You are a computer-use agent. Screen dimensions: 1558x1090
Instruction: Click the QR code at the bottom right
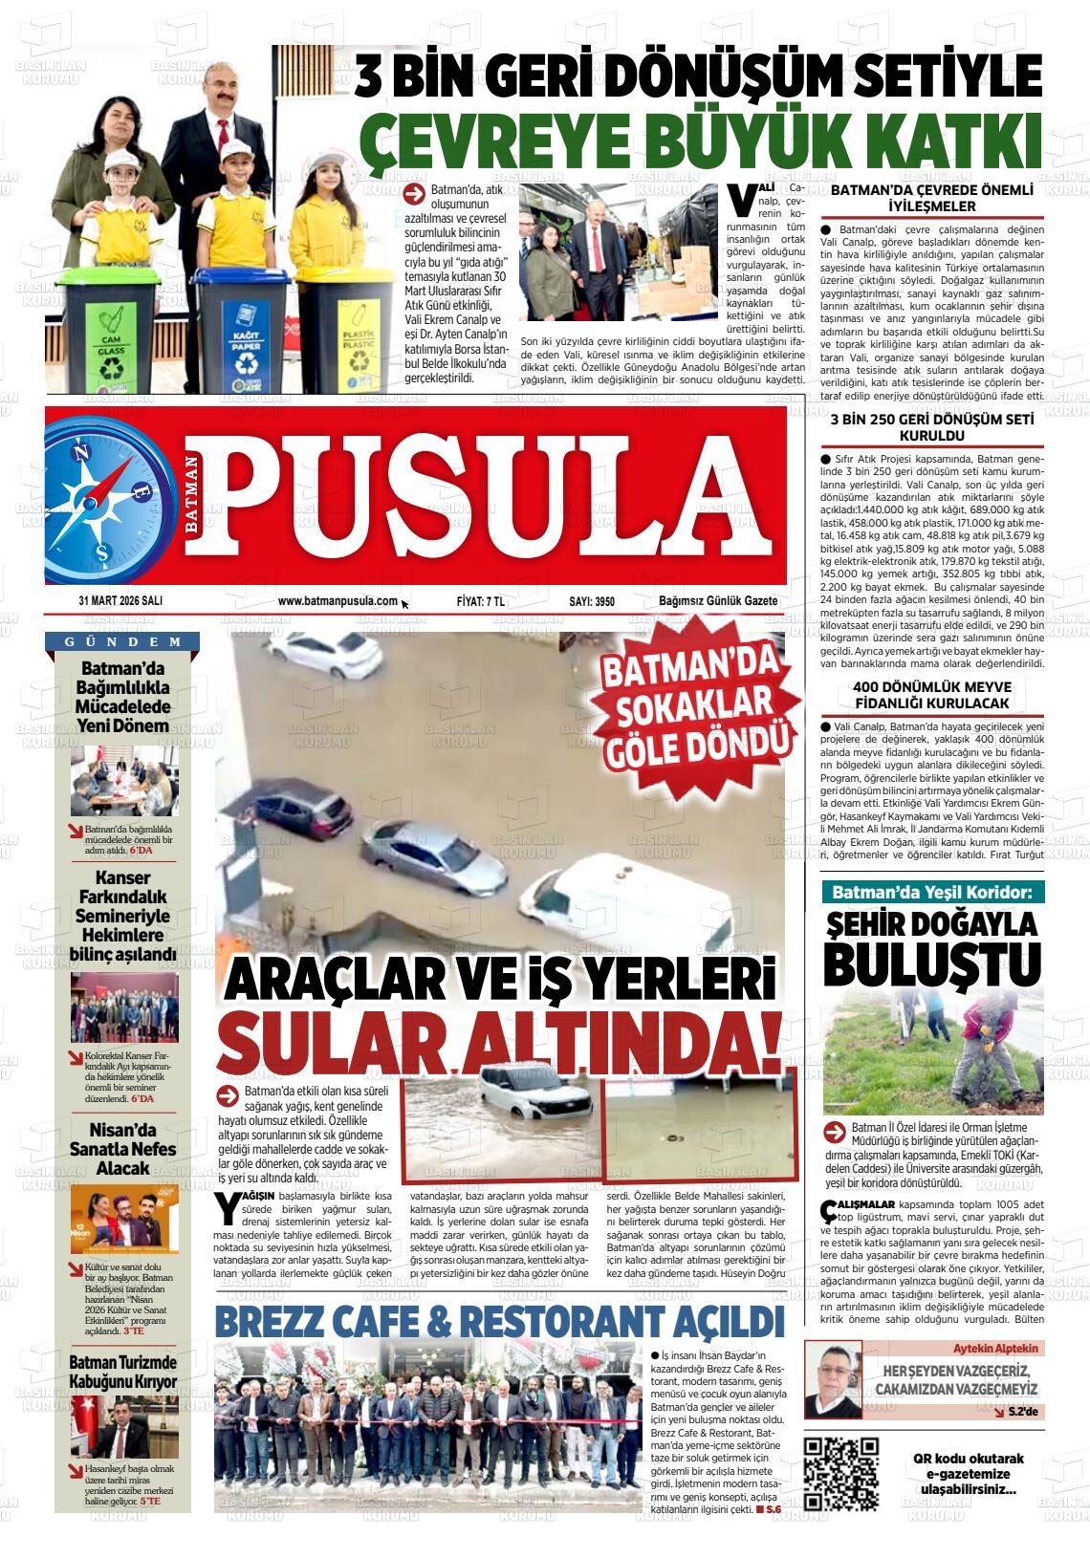point(841,1473)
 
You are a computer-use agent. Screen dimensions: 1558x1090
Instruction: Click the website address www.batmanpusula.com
point(338,601)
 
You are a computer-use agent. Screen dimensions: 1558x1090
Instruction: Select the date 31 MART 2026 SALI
point(120,601)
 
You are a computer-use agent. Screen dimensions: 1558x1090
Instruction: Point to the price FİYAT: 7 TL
point(481,601)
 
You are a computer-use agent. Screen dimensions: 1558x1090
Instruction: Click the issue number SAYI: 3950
point(592,601)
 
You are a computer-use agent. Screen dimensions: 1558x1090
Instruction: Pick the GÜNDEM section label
point(123,641)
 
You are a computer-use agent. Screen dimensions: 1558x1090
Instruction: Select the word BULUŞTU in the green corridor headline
point(917,962)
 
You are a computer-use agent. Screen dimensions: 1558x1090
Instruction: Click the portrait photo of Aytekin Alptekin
point(834,1378)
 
